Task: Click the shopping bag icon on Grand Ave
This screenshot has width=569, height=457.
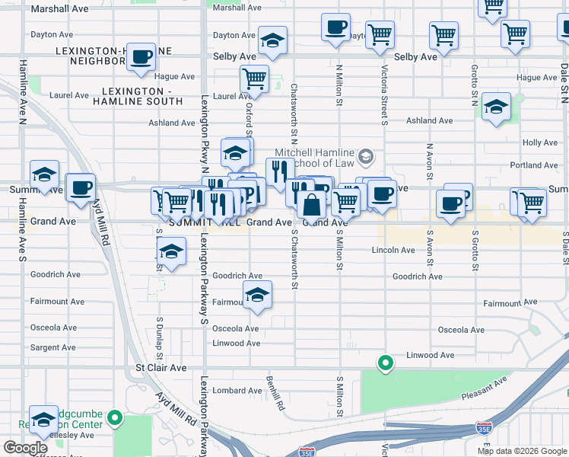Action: click(312, 205)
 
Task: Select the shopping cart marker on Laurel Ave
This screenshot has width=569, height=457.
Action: click(254, 78)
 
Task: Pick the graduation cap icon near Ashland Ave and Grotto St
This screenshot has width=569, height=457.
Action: click(496, 108)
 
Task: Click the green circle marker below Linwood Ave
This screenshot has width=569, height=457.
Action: click(386, 363)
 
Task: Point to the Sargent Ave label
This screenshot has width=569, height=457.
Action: click(53, 347)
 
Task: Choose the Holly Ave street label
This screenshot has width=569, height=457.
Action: click(540, 142)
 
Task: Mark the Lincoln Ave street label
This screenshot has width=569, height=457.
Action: click(393, 250)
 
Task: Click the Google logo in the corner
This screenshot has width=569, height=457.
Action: click(25, 448)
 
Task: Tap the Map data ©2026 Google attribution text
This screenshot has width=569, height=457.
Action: click(521, 451)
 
